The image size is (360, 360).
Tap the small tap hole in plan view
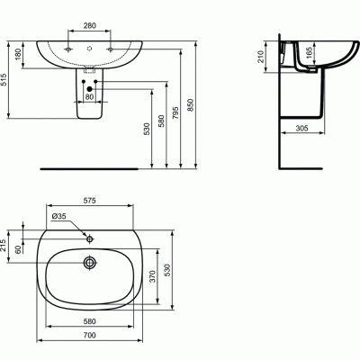(x=90, y=239)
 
